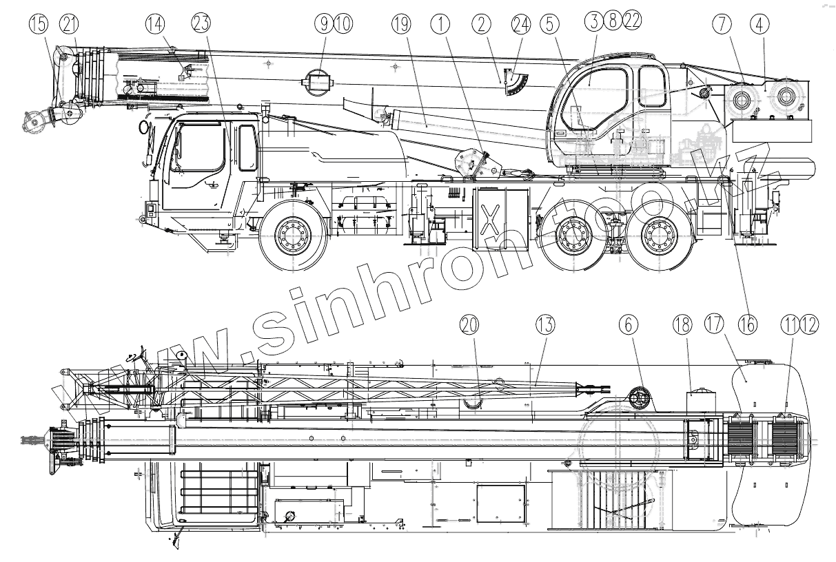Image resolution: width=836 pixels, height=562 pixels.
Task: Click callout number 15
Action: tap(40, 25)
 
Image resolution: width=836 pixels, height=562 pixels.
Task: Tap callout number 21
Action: tap(69, 25)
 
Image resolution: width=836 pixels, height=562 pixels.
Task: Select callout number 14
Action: tap(156, 24)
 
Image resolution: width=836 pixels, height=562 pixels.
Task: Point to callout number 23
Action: tap(201, 24)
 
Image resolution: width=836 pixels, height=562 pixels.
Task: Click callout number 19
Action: tap(402, 24)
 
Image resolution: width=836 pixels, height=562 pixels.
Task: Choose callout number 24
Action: tap(522, 24)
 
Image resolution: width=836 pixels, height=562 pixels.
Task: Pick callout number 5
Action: tap(549, 24)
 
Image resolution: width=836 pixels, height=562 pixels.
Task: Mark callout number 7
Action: tap(722, 24)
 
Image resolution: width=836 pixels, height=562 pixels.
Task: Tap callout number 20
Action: tap(470, 324)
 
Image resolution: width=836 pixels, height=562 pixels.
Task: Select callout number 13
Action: tap(545, 324)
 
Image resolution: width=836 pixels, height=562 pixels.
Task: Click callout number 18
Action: tap(682, 324)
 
